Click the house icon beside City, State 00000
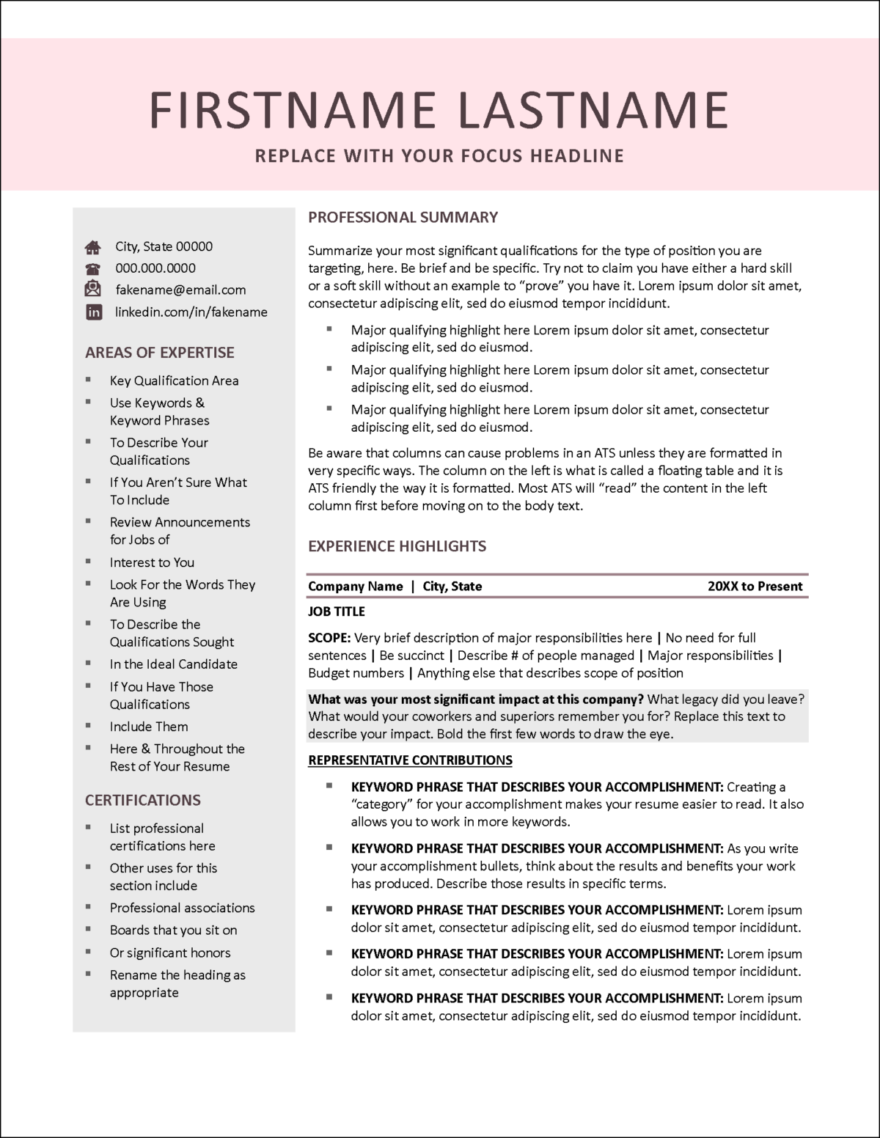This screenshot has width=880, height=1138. (93, 247)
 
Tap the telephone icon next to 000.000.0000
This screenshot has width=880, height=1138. (93, 268)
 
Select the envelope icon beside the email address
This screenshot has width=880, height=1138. (93, 289)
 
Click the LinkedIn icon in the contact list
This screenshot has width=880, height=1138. (94, 312)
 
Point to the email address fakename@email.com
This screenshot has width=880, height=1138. (180, 290)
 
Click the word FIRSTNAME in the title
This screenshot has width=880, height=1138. (293, 110)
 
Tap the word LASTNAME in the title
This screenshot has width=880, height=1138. (593, 110)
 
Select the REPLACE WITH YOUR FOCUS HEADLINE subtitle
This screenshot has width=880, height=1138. (439, 155)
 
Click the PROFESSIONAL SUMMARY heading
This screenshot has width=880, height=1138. (403, 217)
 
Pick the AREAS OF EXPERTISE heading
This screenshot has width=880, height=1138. (159, 352)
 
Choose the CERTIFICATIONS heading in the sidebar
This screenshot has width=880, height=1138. (142, 800)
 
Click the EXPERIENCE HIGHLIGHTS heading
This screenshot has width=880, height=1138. (397, 546)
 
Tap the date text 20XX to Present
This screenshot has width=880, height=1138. (755, 586)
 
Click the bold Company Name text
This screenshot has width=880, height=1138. (356, 586)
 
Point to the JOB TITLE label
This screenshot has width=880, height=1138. (336, 611)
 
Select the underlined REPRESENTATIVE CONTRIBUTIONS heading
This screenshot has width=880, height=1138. (410, 760)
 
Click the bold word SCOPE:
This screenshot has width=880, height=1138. (329, 638)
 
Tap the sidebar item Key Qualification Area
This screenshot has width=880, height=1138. (174, 381)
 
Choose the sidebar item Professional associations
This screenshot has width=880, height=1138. (182, 908)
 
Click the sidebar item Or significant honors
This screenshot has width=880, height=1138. (170, 952)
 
